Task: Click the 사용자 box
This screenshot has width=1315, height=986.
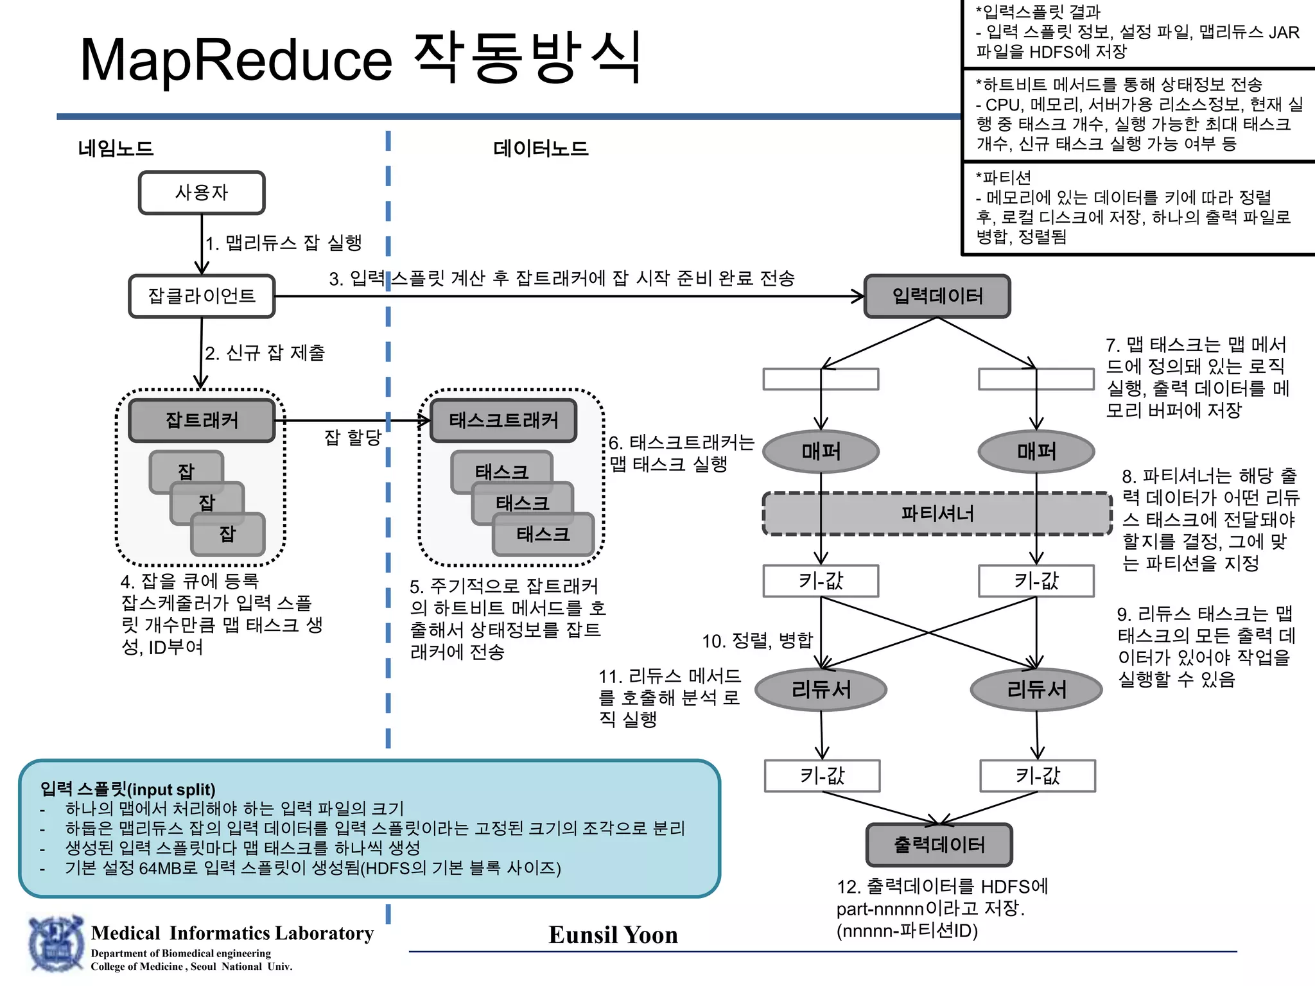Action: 202,193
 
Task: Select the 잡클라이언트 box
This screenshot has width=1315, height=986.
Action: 202,296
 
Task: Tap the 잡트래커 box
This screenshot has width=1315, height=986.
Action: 202,420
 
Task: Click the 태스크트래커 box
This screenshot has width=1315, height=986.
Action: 503,420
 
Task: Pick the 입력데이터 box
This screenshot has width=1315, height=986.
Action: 937,296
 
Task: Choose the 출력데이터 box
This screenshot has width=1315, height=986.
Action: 939,845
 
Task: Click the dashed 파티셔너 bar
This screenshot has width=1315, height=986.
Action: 937,514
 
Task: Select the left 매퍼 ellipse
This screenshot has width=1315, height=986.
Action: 821,451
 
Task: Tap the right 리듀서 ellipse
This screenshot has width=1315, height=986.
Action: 1036,689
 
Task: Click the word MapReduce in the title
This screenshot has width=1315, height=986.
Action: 236,60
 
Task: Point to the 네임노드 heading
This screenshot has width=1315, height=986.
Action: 116,149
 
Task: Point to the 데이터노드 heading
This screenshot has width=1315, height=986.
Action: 541,149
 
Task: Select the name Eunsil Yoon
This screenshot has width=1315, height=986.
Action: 613,935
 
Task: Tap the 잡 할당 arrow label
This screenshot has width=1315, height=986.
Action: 353,438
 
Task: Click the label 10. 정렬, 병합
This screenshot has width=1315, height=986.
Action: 757,641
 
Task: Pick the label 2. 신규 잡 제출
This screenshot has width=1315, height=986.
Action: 265,352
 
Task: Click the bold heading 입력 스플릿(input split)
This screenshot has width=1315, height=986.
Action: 128,789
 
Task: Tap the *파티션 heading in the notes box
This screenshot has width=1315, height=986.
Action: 1003,177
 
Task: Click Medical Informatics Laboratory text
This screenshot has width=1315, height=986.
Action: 232,933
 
